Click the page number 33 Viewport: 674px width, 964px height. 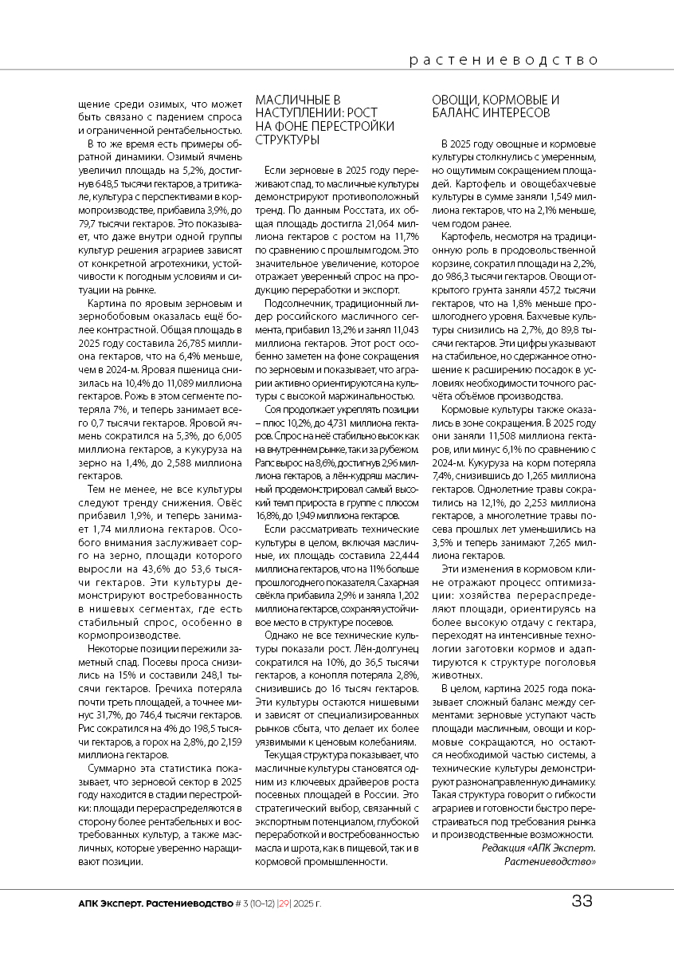coord(582,902)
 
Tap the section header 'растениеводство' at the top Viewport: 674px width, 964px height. coord(503,60)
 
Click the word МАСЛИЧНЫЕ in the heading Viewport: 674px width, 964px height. coord(290,100)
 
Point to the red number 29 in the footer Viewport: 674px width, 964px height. coord(284,903)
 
